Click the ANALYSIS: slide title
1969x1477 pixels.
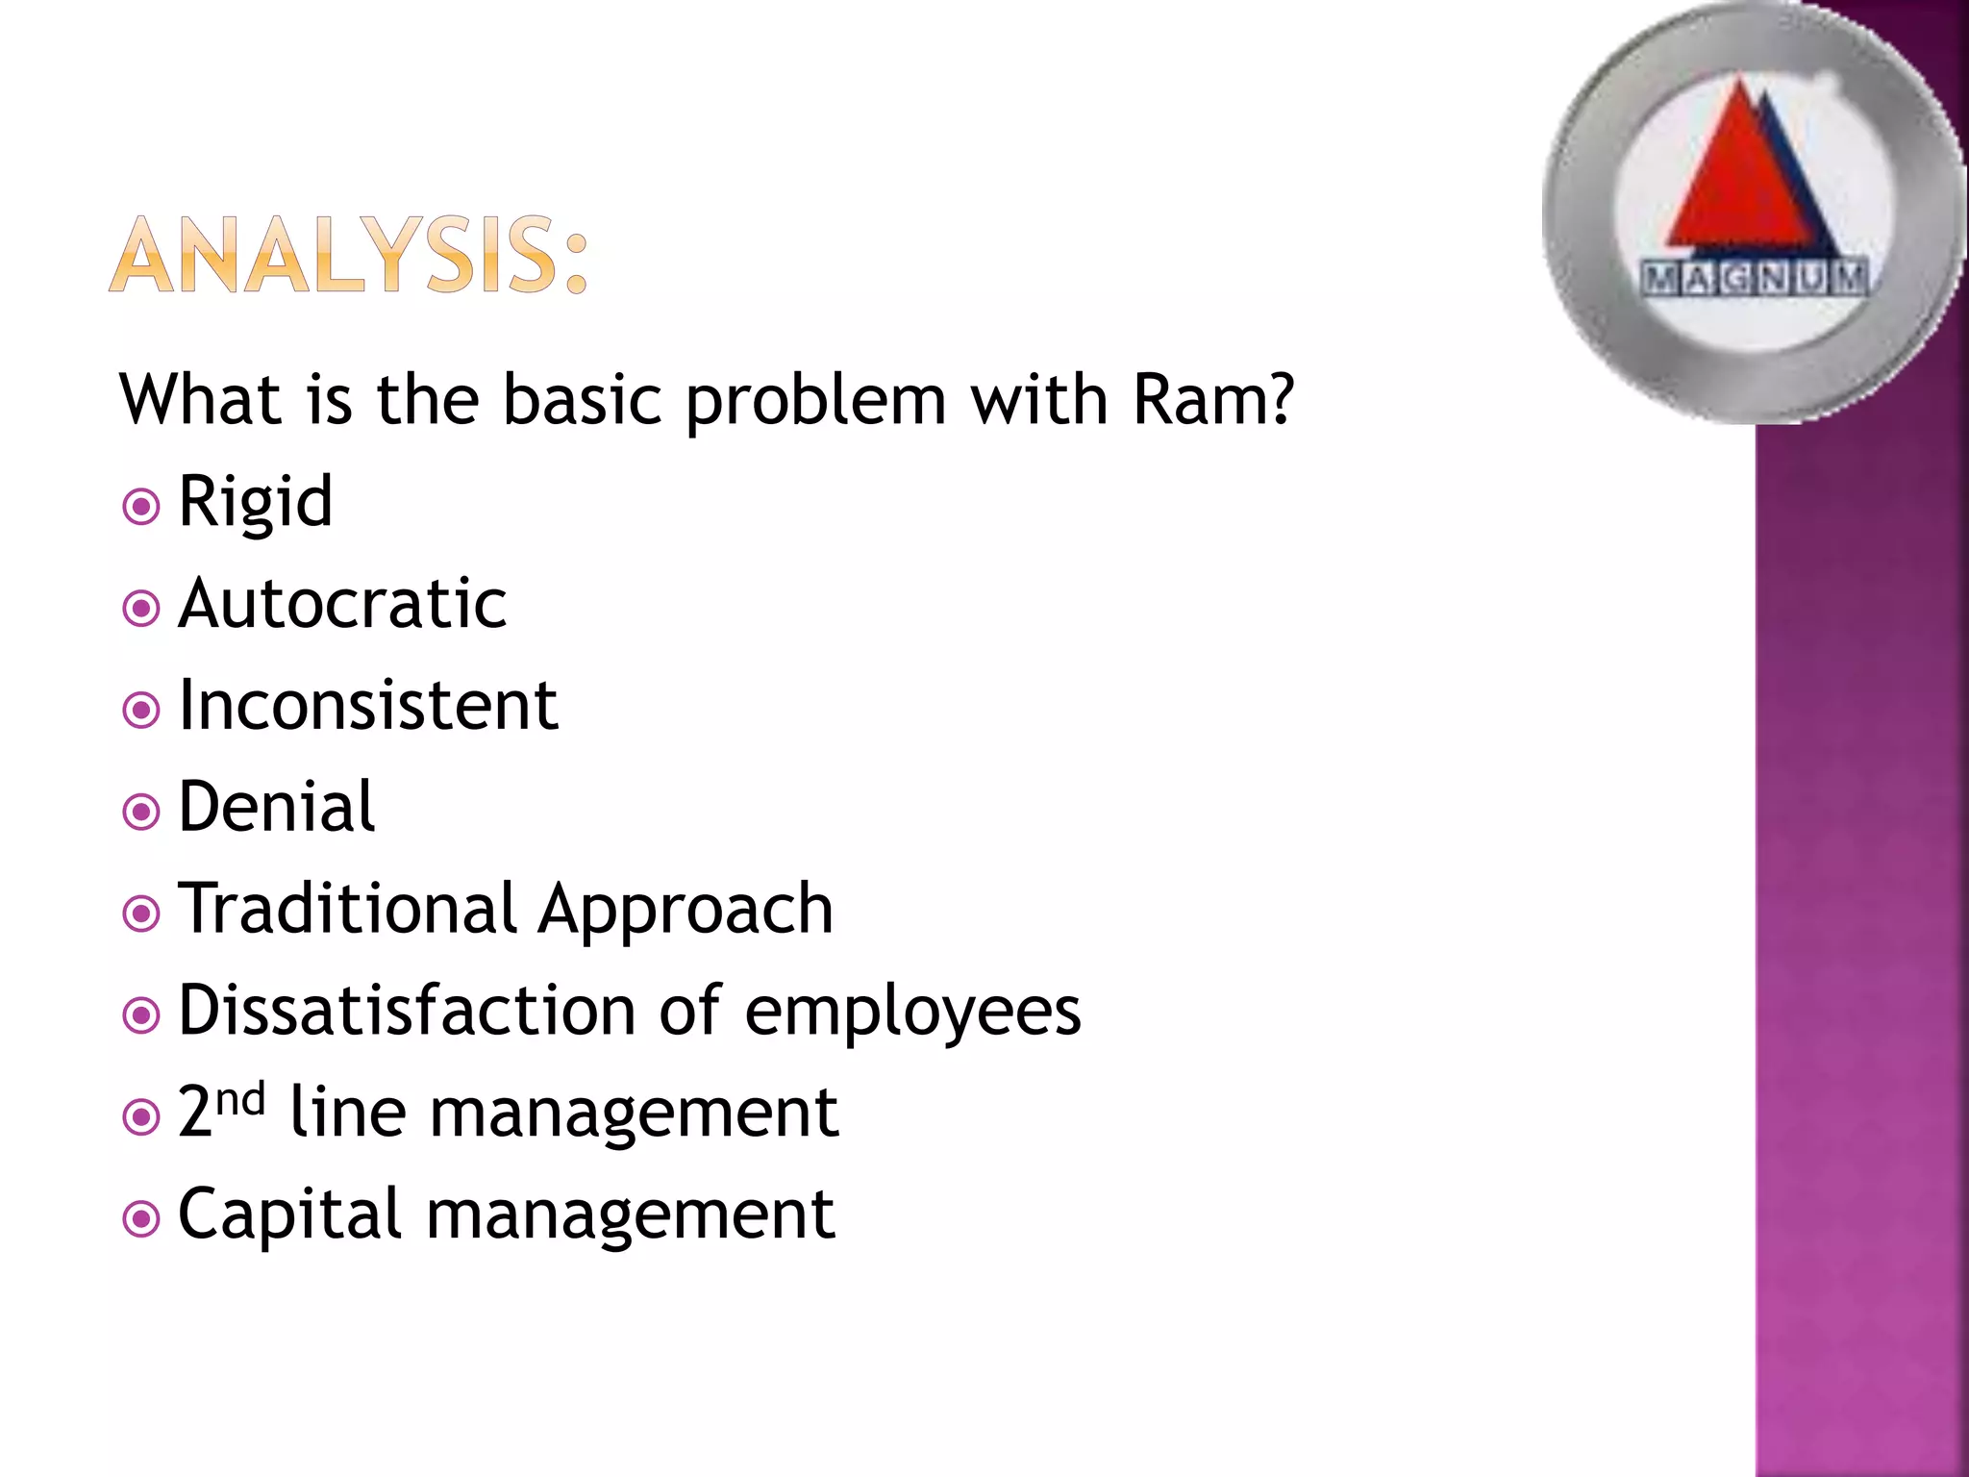click(348, 255)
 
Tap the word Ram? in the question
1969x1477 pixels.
click(1213, 399)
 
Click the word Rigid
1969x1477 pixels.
click(256, 502)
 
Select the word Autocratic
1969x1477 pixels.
click(342, 604)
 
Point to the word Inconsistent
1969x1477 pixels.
click(368, 706)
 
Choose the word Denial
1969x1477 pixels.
click(277, 807)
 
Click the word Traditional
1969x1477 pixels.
click(348, 909)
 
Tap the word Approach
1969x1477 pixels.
click(685, 911)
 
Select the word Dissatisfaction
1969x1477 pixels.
click(407, 1011)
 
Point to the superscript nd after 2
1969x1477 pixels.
click(240, 1098)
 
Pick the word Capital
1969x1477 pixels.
click(289, 1215)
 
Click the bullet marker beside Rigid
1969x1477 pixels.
click(141, 506)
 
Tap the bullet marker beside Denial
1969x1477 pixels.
click(141, 812)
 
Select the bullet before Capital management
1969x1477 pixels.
click(141, 1219)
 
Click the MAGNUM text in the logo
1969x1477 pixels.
click(1755, 278)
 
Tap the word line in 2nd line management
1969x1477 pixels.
click(347, 1113)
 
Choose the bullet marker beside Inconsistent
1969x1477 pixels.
click(141, 710)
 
